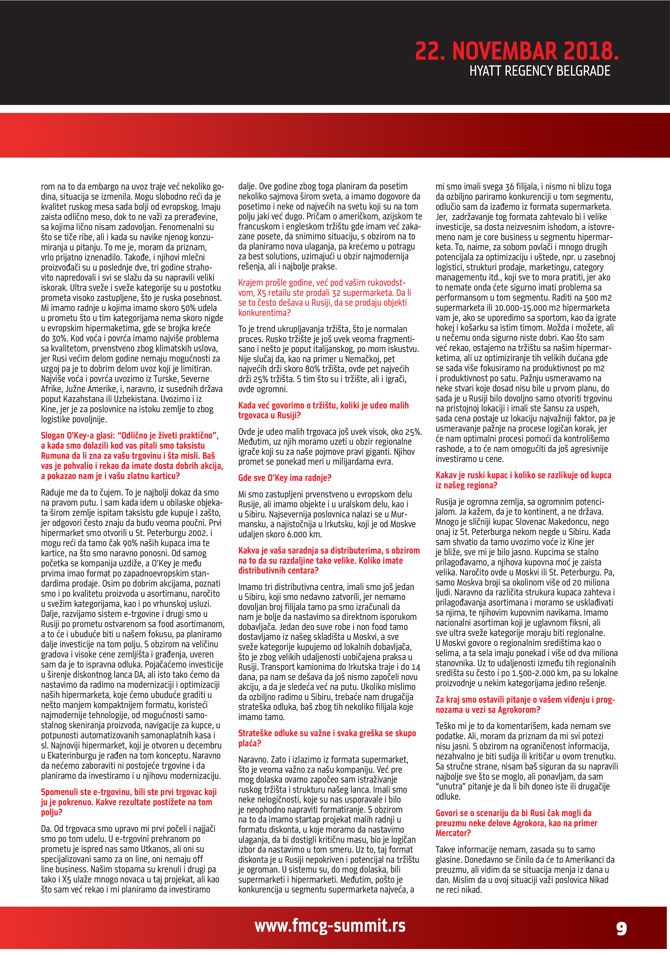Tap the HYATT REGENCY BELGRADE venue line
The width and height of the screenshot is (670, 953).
point(540,71)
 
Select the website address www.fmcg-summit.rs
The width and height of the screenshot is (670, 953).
point(330,925)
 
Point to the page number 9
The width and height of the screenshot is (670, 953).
point(622,928)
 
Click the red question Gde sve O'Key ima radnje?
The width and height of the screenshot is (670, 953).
point(284,478)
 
